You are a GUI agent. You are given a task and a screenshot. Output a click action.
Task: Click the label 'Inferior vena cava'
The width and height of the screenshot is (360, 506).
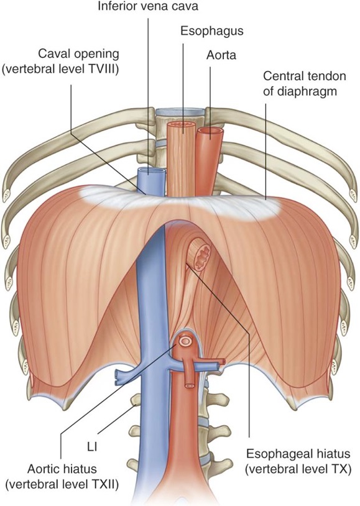tap(148, 6)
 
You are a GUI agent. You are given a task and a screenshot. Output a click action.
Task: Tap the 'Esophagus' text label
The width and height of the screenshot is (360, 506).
tap(212, 31)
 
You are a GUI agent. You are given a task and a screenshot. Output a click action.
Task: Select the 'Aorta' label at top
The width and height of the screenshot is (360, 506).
tap(221, 55)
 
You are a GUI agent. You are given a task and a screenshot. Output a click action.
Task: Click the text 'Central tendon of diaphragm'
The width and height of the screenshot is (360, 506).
tap(305, 84)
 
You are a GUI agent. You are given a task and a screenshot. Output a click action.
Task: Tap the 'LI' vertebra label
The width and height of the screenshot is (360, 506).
tap(91, 448)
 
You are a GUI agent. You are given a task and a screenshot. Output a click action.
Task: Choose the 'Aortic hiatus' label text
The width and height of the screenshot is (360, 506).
tap(62, 469)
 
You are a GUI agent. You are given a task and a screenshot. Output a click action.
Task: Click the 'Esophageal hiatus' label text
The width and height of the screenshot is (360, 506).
tap(298, 454)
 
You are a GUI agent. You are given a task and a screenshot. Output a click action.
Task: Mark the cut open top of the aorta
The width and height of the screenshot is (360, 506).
tap(210, 131)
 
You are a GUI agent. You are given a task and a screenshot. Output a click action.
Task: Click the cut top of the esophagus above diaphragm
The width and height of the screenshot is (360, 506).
tap(182, 126)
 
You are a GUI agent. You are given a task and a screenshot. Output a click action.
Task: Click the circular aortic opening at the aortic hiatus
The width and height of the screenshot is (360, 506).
tap(185, 341)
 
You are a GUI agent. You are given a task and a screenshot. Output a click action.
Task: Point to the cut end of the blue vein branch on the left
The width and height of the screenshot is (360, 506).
tap(118, 378)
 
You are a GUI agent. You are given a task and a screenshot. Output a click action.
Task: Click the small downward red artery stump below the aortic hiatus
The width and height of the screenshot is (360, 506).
tap(189, 385)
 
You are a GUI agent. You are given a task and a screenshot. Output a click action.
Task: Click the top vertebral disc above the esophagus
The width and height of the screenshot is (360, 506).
tap(180, 112)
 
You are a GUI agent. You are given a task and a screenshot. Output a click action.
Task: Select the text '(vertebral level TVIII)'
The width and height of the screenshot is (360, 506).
tap(60, 70)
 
